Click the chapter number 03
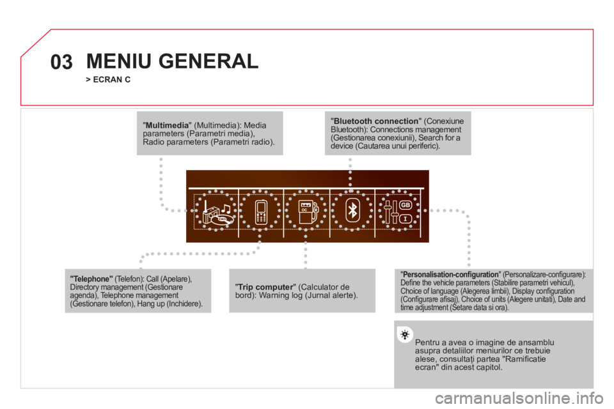(x=61, y=62)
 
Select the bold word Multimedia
(x=167, y=125)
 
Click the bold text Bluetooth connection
(x=376, y=121)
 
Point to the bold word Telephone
(x=91, y=279)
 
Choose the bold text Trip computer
(x=265, y=287)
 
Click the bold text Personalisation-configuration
(x=451, y=274)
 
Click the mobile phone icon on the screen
(x=261, y=212)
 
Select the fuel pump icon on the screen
(x=308, y=212)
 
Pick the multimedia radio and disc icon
(x=217, y=213)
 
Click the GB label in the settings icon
(x=405, y=205)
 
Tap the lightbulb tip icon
(x=404, y=335)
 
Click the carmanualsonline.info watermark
(x=519, y=398)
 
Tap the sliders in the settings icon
(x=391, y=212)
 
